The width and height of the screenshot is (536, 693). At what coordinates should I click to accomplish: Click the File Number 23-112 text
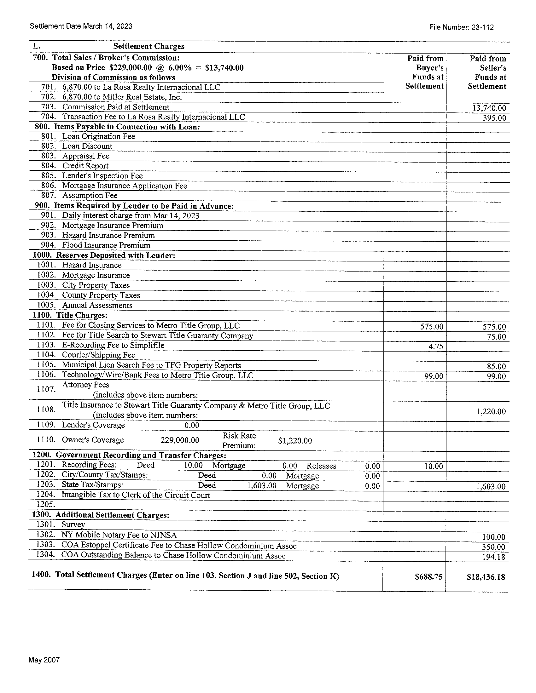pos(461,27)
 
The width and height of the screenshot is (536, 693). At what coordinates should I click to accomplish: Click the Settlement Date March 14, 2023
pos(81,26)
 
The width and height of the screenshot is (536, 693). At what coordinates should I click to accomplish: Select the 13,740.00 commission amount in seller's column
pos(489,108)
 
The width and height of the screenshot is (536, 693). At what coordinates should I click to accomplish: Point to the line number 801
pos(48,136)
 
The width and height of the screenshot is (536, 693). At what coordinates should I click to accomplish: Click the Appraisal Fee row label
pos(86,156)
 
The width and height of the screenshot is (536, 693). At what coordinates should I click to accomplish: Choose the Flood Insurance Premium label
pos(106,245)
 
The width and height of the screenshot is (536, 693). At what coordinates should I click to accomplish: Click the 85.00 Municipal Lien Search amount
pos(496,366)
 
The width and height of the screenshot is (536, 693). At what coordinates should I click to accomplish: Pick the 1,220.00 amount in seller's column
pos(491,412)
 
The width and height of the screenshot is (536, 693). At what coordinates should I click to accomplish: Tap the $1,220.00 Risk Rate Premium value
pos(295,441)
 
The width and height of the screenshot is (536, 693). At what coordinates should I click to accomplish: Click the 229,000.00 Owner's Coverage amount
pos(180,440)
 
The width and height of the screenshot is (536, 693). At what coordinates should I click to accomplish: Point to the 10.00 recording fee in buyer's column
pos(434,466)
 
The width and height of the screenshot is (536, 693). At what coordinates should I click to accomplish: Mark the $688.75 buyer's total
pos(428,577)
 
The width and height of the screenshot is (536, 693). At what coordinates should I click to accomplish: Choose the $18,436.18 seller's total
pos(486,577)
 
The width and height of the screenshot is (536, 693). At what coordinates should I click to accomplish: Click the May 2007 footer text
pos(44,660)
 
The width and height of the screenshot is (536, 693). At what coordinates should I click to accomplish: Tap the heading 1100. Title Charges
pos(70,315)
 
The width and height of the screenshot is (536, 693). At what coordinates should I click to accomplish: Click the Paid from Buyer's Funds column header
pos(425,72)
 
